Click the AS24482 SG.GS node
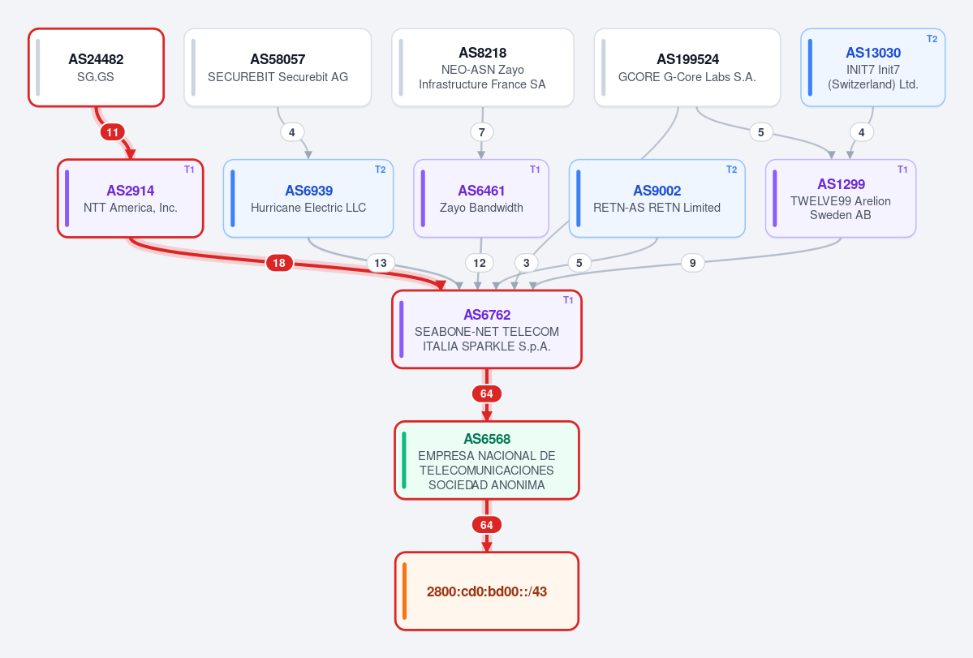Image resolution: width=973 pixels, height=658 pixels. (x=97, y=67)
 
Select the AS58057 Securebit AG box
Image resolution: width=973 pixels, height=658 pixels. (x=278, y=67)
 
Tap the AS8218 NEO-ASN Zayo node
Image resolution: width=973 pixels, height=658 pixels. (x=482, y=67)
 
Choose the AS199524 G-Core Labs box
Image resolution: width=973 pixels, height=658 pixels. (x=687, y=67)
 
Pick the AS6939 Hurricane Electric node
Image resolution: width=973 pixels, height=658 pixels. (x=308, y=199)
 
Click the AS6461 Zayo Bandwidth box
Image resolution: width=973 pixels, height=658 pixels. (x=481, y=199)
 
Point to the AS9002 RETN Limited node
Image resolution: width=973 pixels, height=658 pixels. (x=657, y=199)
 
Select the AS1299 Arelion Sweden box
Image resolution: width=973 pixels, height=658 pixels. (x=840, y=199)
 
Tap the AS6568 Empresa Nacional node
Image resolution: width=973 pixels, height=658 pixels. (x=487, y=460)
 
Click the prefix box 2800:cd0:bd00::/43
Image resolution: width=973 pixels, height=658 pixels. (x=487, y=591)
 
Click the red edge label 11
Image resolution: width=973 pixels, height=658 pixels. (x=112, y=132)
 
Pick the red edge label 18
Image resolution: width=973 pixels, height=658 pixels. (x=279, y=263)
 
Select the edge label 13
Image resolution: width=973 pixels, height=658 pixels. (x=381, y=263)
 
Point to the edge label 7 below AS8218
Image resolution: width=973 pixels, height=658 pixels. (x=481, y=132)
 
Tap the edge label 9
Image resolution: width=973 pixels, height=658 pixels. (x=692, y=263)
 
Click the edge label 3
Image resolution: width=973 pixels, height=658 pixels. (x=526, y=263)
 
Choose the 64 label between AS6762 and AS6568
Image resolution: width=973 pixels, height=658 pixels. (x=487, y=394)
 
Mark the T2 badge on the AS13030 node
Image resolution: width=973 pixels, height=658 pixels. (x=932, y=39)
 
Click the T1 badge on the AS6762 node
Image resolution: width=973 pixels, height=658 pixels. (x=568, y=300)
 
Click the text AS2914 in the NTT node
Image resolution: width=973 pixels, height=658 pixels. (x=131, y=191)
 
